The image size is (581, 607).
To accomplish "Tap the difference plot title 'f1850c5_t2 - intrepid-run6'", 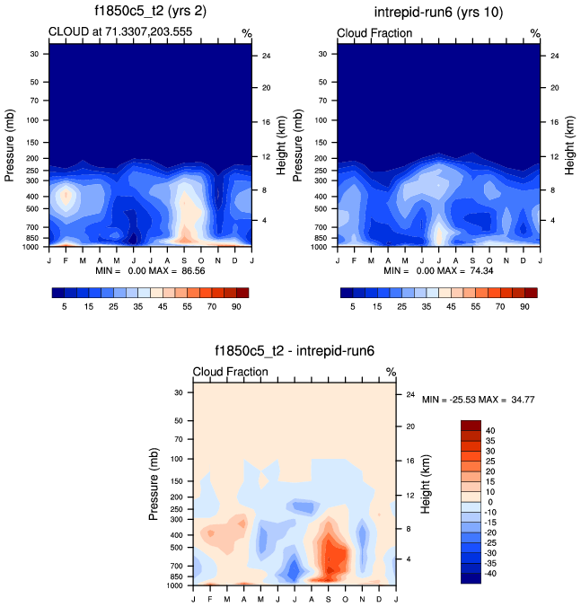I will (294, 352).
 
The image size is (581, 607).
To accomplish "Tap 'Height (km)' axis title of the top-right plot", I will (568, 144).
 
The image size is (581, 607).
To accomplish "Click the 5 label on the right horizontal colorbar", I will (353, 305).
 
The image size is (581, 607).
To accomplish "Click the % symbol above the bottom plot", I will (391, 372).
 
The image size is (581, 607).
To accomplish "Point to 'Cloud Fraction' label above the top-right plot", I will (374, 33).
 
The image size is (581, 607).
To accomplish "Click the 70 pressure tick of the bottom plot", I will (176, 439).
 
